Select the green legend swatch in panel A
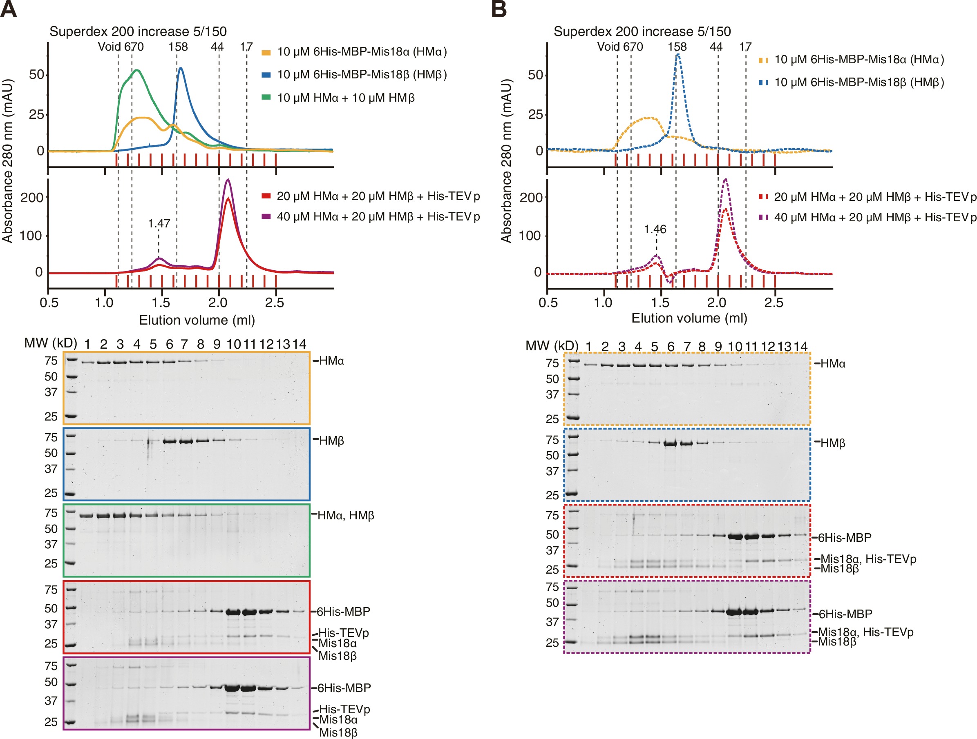coord(266,97)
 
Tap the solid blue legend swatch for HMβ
coord(266,75)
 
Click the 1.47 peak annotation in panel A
coord(159,223)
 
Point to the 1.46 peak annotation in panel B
coord(655,229)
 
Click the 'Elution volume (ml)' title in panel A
coord(197,320)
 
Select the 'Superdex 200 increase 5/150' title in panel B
coord(642,31)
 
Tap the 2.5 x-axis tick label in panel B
coord(774,303)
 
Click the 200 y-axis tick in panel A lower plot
coord(32,197)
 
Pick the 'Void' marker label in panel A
coord(109,47)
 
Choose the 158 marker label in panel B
coord(677,47)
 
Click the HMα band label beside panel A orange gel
coord(331,361)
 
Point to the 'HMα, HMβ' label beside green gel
coord(345,515)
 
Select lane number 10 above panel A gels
coord(234,344)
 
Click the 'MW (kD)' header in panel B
coord(552,346)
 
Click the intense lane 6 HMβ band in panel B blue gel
coord(671,444)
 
